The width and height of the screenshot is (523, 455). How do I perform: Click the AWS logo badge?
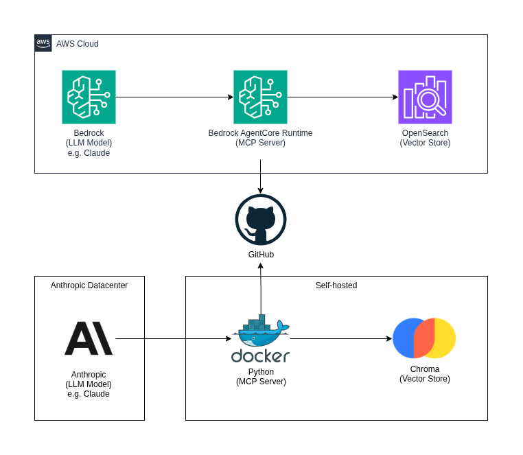coord(43,43)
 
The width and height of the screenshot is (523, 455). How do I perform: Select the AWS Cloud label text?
coord(77,44)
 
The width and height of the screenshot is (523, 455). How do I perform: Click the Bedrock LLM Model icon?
coord(89,97)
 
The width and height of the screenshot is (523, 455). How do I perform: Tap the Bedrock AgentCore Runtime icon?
coord(260,97)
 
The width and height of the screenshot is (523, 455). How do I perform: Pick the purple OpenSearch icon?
coord(425,97)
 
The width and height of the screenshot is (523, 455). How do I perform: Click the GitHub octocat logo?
coord(261,220)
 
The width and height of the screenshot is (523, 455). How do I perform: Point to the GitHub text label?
coord(261,255)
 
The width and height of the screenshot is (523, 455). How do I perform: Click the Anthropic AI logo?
coord(89,338)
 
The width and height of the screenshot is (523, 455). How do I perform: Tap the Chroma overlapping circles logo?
coord(424,338)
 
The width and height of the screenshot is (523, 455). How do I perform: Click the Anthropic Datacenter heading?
coord(89,285)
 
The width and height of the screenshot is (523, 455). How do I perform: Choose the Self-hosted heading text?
coord(336,285)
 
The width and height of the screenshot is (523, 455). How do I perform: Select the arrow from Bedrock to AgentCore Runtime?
coord(174,97)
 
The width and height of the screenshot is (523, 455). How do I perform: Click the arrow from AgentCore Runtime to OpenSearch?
coord(342,97)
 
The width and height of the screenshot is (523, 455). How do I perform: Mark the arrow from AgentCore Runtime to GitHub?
coord(260,176)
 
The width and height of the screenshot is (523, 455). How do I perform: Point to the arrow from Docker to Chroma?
coord(340,338)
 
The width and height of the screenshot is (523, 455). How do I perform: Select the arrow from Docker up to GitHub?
coord(261,288)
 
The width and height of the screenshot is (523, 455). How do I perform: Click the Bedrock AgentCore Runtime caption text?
coord(260,138)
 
